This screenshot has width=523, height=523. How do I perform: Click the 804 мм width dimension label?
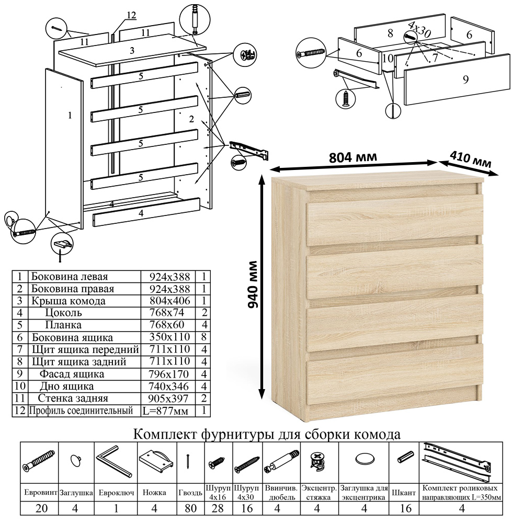tap(353, 157)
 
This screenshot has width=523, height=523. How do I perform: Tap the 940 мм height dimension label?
tap(253, 285)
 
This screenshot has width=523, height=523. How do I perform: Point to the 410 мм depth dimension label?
tap(471, 159)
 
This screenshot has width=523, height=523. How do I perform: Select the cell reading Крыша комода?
tap(69, 301)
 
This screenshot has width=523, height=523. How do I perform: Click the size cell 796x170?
tap(169, 374)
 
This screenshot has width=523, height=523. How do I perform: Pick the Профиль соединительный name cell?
tap(81, 410)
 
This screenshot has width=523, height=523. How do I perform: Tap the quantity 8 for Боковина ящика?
tap(204, 337)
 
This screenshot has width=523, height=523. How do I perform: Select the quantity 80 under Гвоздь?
tap(190, 508)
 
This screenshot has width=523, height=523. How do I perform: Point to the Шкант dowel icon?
tap(405, 457)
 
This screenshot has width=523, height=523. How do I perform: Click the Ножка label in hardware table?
tap(154, 492)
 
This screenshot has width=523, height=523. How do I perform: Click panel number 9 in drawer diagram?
tap(465, 79)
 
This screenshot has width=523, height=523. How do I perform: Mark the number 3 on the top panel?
tap(132, 50)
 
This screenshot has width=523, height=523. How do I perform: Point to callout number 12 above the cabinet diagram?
tap(131, 15)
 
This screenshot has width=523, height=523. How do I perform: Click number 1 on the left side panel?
tap(70, 116)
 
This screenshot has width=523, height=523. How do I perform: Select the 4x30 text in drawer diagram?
tap(419, 30)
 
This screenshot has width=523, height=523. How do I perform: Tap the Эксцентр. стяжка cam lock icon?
tap(317, 462)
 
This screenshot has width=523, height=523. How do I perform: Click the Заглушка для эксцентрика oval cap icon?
tap(365, 459)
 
